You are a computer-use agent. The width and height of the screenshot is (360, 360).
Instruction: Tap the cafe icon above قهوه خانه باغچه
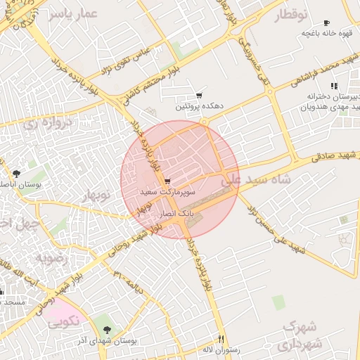(x=326, y=23)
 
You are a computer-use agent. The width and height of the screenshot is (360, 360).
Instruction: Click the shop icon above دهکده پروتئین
(x=200, y=96)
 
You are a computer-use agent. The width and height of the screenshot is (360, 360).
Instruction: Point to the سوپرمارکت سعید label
(x=166, y=191)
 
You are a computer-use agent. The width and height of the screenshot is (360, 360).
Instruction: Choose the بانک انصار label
(x=177, y=212)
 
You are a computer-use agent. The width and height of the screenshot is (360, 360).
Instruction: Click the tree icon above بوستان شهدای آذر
(x=106, y=330)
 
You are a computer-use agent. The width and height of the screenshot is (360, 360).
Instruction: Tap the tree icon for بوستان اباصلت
(x=16, y=173)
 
